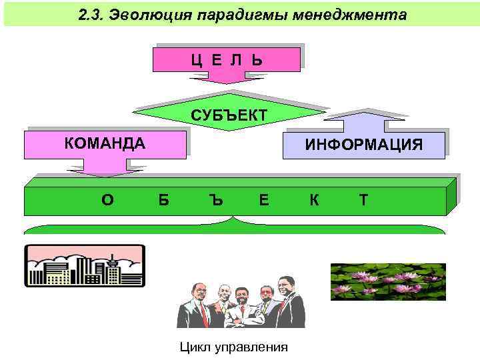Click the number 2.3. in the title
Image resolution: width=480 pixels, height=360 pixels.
[92, 15]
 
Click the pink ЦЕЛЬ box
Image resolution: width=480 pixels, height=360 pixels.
[226, 59]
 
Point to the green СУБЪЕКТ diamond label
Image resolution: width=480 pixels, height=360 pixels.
[229, 115]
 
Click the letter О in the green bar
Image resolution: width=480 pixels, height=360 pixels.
[107, 199]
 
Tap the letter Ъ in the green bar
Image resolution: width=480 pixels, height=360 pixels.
[214, 199]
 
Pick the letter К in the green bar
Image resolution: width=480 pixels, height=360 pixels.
[313, 199]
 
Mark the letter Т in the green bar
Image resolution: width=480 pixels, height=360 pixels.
[363, 199]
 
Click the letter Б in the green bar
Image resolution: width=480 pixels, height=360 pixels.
[164, 199]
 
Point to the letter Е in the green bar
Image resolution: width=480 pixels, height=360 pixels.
[265, 199]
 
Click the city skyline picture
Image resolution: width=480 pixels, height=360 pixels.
[85, 265]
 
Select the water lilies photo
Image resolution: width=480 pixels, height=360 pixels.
[388, 281]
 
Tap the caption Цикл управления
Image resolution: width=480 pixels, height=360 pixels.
[234, 347]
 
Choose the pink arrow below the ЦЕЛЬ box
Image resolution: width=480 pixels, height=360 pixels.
[227, 77]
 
